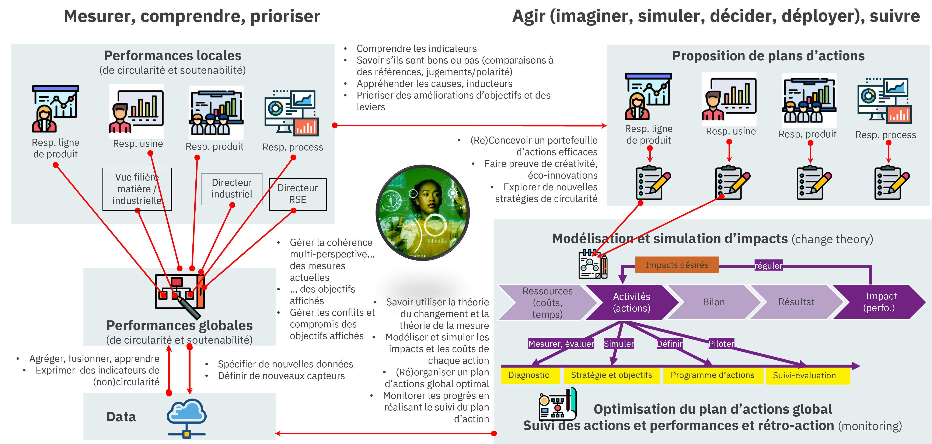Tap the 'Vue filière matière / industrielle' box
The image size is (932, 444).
[137, 189]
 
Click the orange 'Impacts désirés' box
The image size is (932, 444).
[677, 265]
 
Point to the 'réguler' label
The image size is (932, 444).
[768, 265]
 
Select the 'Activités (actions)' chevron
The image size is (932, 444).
[631, 302]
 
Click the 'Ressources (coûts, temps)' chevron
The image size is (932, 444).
[547, 302]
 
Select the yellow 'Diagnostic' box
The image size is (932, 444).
[529, 375]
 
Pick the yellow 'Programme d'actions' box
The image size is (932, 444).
[712, 375]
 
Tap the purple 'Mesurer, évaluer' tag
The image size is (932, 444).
[561, 344]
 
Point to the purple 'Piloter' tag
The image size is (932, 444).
[721, 344]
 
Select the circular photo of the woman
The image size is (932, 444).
[423, 213]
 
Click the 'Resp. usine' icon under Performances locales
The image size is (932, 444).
[136, 111]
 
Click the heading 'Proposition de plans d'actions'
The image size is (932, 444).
[768, 56]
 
